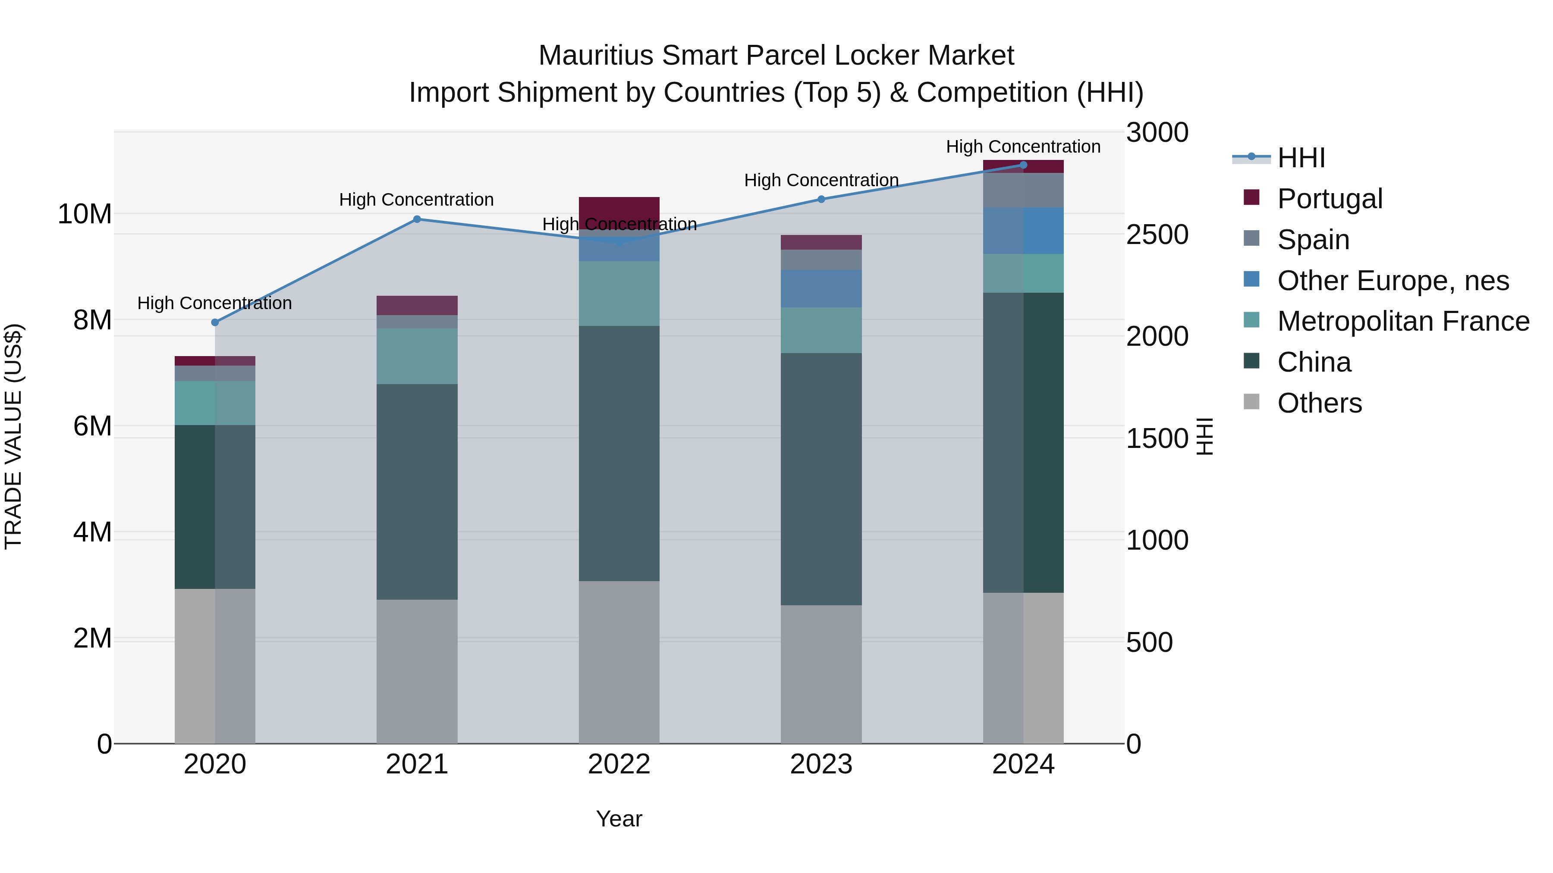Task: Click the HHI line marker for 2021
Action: pyautogui.click(x=417, y=219)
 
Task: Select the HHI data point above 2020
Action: pyautogui.click(x=215, y=322)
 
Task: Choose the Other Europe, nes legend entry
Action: pyautogui.click(x=1392, y=281)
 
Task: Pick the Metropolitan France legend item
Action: pyautogui.click(x=1402, y=321)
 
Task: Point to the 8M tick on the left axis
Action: pyautogui.click(x=92, y=320)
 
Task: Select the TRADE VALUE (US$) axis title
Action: pyautogui.click(x=13, y=436)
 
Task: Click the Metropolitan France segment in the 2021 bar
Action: pyautogui.click(x=417, y=356)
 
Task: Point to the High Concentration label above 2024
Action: pyautogui.click(x=1023, y=147)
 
